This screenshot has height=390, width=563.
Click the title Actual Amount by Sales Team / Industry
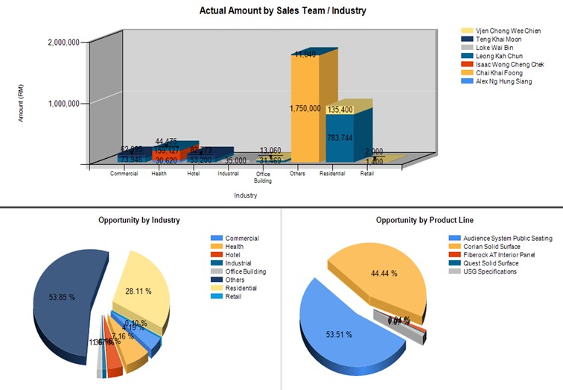282,11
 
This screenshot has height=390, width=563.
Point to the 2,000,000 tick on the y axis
63,43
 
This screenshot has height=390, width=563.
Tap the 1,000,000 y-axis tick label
63,104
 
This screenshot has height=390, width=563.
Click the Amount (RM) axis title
22,104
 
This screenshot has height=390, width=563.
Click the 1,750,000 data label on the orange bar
306,109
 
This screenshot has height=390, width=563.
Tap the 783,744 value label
341,137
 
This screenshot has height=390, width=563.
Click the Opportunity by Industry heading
139,220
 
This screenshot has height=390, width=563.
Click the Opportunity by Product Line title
424,220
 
